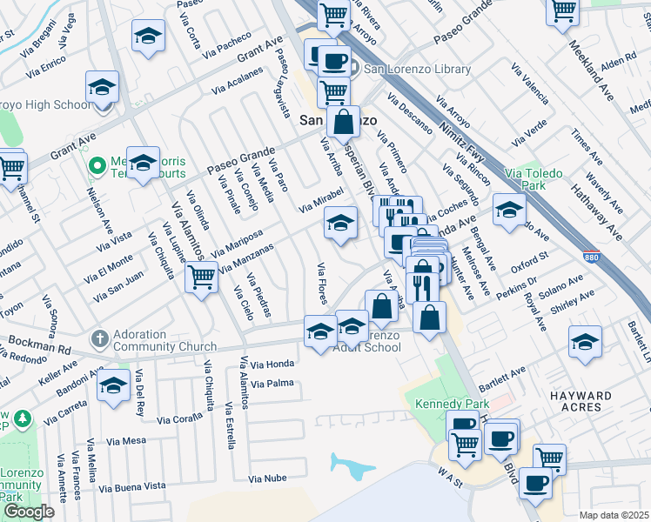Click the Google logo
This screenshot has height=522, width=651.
pyautogui.click(x=28, y=512)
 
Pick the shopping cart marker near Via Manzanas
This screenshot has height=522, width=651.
pyautogui.click(x=201, y=278)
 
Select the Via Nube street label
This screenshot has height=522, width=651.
pyautogui.click(x=266, y=478)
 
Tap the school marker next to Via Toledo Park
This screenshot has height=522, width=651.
pyautogui.click(x=509, y=209)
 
